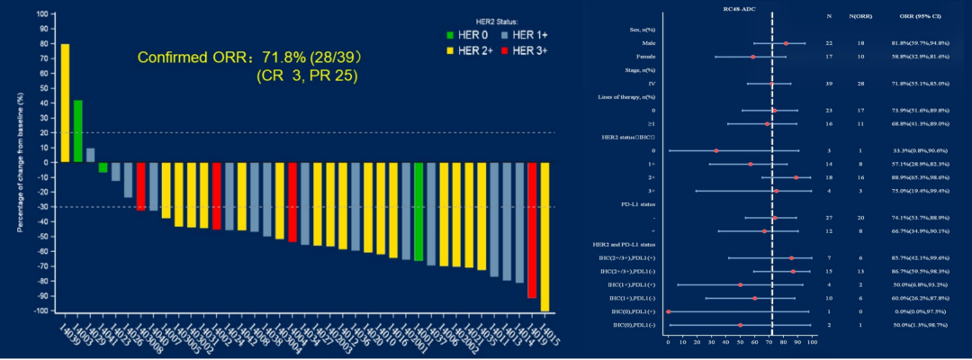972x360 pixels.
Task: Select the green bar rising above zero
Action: pyautogui.click(x=77, y=131)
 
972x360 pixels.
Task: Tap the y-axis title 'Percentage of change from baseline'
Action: pyautogui.click(x=20, y=162)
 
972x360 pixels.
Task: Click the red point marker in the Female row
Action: pyautogui.click(x=752, y=57)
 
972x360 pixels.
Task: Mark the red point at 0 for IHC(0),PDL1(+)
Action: pyautogui.click(x=668, y=311)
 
